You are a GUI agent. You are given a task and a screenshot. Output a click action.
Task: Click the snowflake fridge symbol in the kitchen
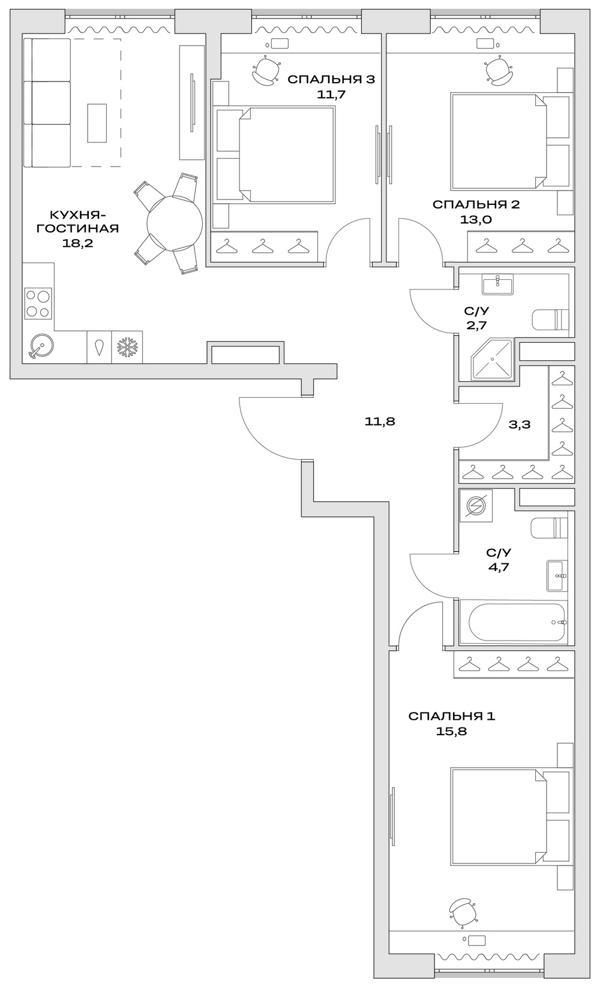pyautogui.click(x=127, y=347)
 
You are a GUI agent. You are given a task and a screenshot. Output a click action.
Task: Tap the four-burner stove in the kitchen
pyautogui.click(x=38, y=303)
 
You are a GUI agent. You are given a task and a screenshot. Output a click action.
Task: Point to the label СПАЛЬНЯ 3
pyautogui.click(x=331, y=79)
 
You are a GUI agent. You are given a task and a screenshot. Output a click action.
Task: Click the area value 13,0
pyautogui.click(x=476, y=219)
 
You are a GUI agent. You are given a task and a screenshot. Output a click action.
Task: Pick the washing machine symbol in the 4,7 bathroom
pyautogui.click(x=476, y=505)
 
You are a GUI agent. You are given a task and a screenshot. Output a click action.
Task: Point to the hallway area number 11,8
pyautogui.click(x=380, y=421)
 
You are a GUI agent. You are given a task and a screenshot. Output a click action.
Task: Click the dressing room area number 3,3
pyautogui.click(x=519, y=424)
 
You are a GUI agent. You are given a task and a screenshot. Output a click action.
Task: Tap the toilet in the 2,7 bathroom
pyautogui.click(x=550, y=319)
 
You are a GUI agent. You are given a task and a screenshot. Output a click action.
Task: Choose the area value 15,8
pyautogui.click(x=451, y=731)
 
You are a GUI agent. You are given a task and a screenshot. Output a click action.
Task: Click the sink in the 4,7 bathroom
pyautogui.click(x=557, y=575)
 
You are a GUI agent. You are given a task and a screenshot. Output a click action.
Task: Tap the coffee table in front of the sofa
pyautogui.click(x=97, y=123)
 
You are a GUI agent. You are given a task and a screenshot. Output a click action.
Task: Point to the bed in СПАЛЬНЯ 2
pyautogui.click(x=498, y=142)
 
